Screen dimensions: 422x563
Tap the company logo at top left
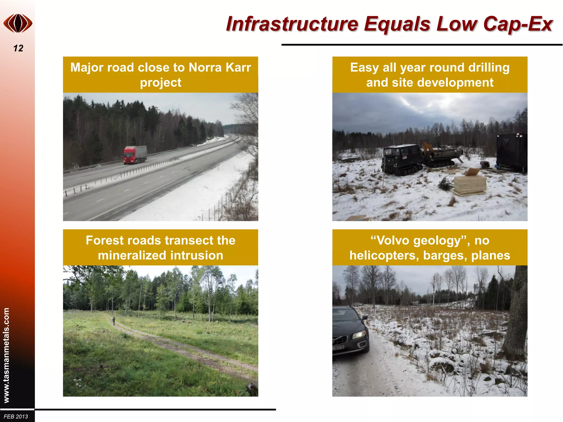click(18, 23)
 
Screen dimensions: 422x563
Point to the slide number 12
click(18, 48)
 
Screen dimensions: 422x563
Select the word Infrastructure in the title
click(292, 24)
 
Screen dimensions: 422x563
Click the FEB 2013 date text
click(16, 417)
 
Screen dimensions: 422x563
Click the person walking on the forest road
click(114, 320)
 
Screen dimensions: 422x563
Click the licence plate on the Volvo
click(339, 347)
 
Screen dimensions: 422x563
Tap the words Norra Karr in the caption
click(220, 68)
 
